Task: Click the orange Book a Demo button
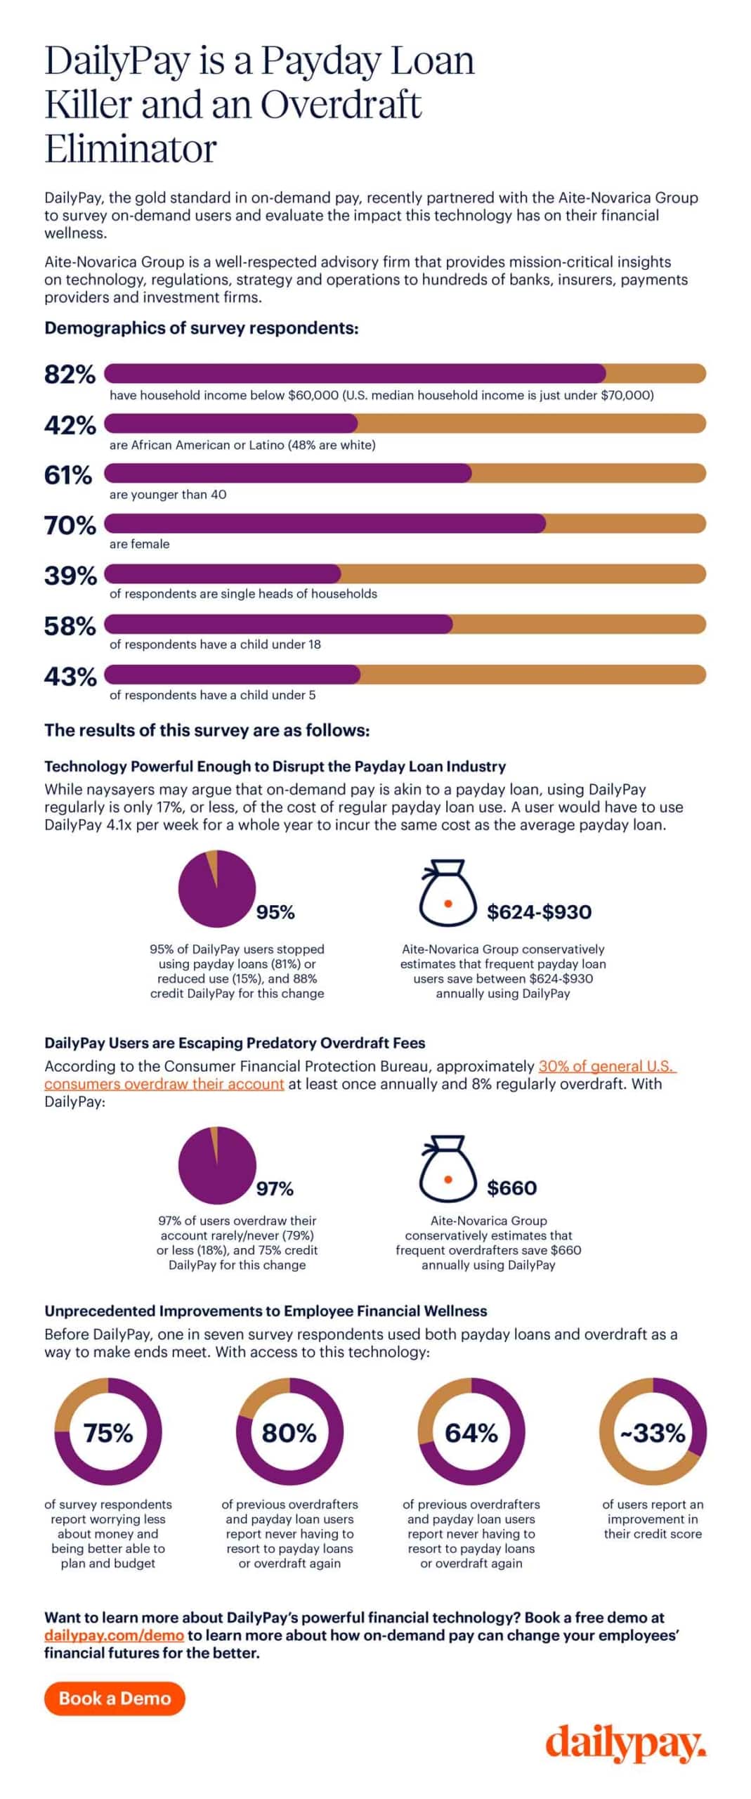pyautogui.click(x=115, y=1698)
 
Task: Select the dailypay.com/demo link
pyautogui.click(x=114, y=1635)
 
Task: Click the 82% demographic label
pyautogui.click(x=70, y=374)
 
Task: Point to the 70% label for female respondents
pyautogui.click(x=70, y=525)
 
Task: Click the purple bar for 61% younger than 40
pyautogui.click(x=288, y=474)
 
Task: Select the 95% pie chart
pyautogui.click(x=216, y=888)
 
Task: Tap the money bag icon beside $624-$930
pyautogui.click(x=448, y=892)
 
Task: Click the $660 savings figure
pyautogui.click(x=511, y=1188)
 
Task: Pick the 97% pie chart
pyautogui.click(x=216, y=1165)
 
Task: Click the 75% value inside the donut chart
pyautogui.click(x=108, y=1433)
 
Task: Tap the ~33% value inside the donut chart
pyautogui.click(x=653, y=1433)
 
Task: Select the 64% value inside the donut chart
pyautogui.click(x=471, y=1433)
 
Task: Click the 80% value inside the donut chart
pyautogui.click(x=289, y=1433)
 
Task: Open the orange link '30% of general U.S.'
pyautogui.click(x=607, y=1065)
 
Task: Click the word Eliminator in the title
pyautogui.click(x=131, y=148)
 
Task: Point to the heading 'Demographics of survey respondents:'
pyautogui.click(x=202, y=328)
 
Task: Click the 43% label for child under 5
pyautogui.click(x=70, y=676)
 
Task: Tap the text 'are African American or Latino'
pyautogui.click(x=207, y=445)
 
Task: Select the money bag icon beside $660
pyautogui.click(x=448, y=1169)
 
